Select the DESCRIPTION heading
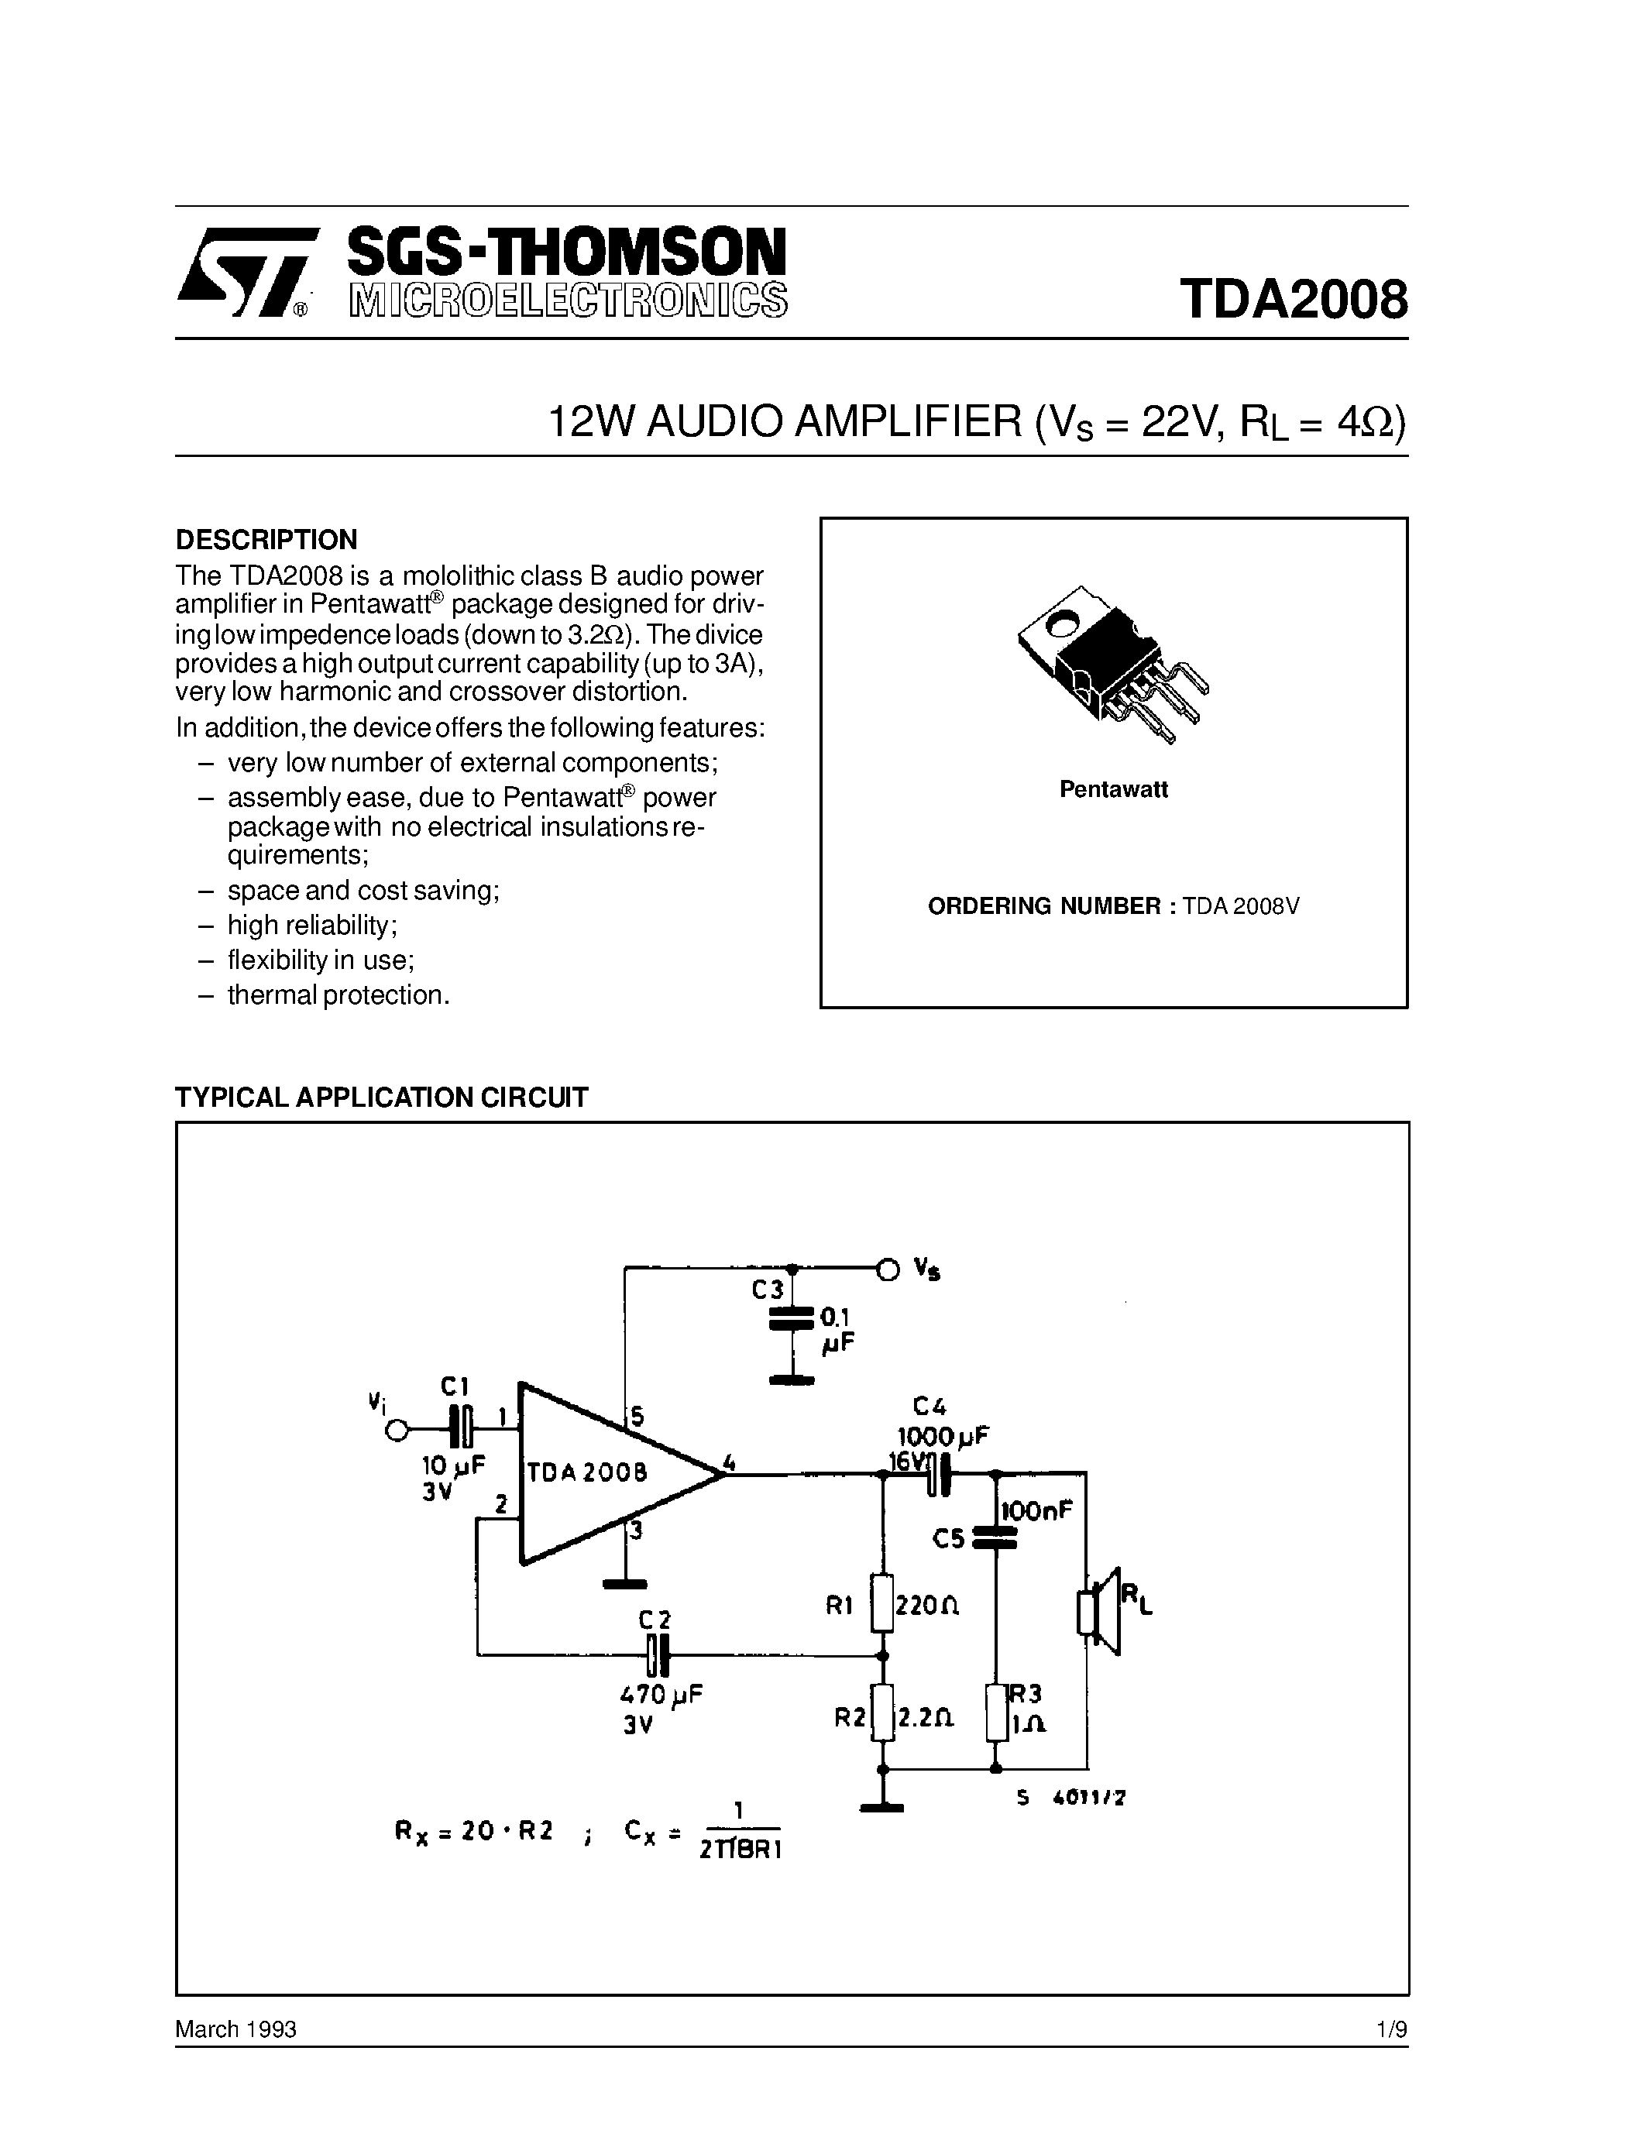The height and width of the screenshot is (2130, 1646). click(266, 539)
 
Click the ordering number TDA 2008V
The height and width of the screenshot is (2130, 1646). click(1240, 906)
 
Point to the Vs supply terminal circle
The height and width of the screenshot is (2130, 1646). click(888, 1269)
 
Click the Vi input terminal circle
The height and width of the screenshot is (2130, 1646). click(396, 1431)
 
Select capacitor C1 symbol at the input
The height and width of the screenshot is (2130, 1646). click(461, 1431)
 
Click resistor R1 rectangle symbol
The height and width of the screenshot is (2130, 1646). click(882, 1603)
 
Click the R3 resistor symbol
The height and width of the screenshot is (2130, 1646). click(995, 1713)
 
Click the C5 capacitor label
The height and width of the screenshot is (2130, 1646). click(948, 1538)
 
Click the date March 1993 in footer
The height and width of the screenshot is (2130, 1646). click(236, 2029)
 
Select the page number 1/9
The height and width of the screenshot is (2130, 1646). click(1391, 2029)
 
